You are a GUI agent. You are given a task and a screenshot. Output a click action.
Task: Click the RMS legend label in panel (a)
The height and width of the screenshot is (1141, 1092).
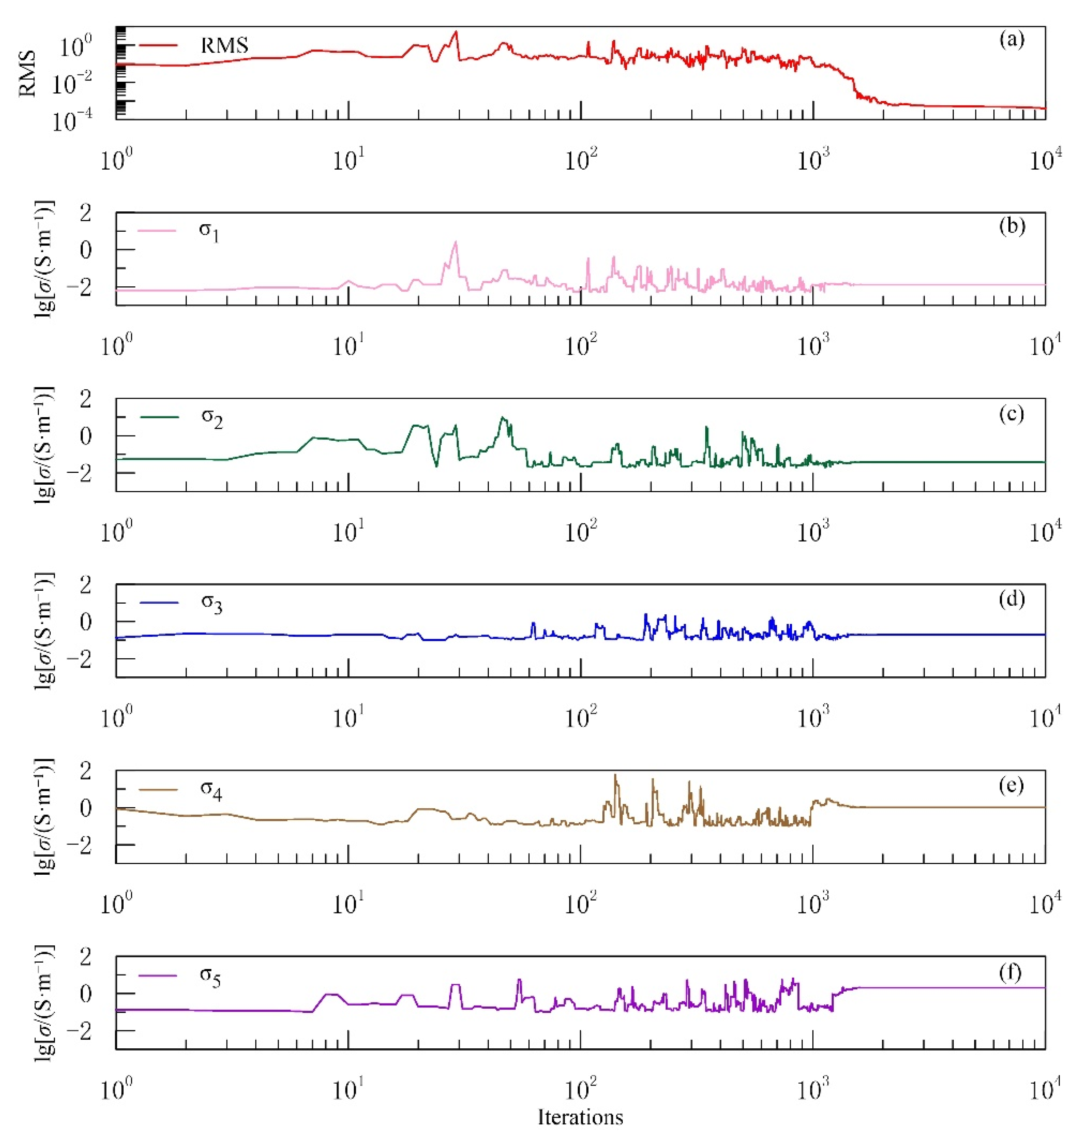pyautogui.click(x=224, y=45)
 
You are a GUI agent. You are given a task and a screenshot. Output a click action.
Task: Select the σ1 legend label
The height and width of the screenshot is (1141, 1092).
pyautogui.click(x=209, y=231)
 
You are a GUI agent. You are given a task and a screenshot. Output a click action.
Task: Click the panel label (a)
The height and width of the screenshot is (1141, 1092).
pyautogui.click(x=1012, y=40)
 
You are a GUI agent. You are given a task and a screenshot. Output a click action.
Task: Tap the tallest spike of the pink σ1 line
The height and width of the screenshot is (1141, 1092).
pyautogui.click(x=456, y=242)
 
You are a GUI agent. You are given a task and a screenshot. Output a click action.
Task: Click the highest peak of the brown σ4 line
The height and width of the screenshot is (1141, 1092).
pyautogui.click(x=615, y=775)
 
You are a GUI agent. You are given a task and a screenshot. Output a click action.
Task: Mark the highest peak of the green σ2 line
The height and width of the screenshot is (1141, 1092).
pyautogui.click(x=502, y=418)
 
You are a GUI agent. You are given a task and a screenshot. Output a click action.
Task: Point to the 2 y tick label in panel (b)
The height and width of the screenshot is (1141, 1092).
pyautogui.click(x=86, y=213)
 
